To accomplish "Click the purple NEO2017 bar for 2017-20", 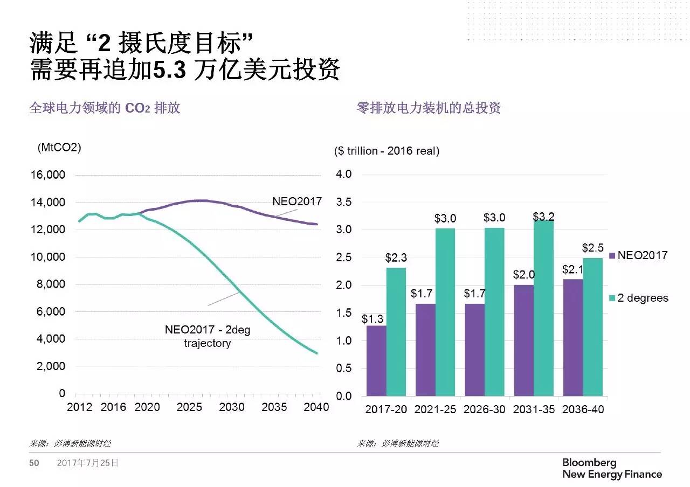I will point(376,361).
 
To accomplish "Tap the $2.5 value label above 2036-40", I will point(592,248).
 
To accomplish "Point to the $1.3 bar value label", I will point(372,319).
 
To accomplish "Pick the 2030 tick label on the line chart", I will point(232,407).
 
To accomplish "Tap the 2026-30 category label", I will point(484,409).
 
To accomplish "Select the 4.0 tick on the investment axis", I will point(344,175).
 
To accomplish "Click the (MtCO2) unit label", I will point(59,148).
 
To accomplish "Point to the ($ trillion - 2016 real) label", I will point(387,151).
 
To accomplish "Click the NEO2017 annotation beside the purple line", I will point(296,202).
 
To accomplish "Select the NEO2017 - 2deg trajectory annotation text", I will point(208,336).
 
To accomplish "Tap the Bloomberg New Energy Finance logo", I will point(612,469).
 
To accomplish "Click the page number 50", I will point(34,463).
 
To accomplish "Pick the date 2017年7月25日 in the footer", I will point(88,463).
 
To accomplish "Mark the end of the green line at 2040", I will point(317,353).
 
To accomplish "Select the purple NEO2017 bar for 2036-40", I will point(573,338).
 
